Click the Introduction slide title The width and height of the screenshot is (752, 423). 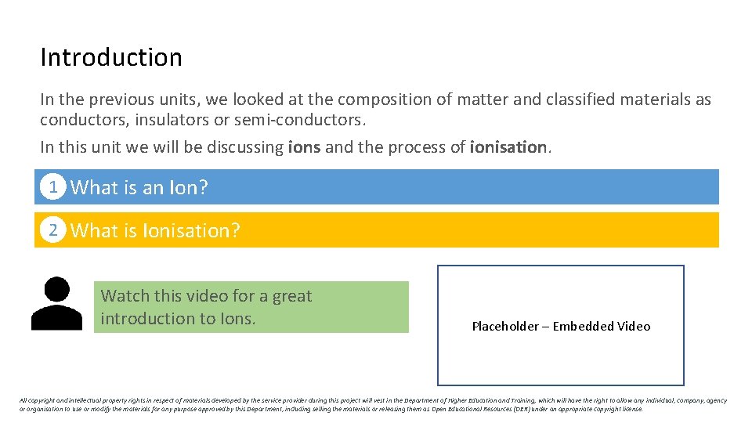111,57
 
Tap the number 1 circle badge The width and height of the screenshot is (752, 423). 52,187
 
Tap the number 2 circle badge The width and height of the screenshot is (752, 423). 52,230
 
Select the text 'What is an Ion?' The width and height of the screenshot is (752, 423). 139,188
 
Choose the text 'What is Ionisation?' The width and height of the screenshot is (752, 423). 155,231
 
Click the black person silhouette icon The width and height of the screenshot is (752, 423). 56,304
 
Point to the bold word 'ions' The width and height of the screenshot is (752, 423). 304,147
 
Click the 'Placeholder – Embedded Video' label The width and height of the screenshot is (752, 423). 561,327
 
